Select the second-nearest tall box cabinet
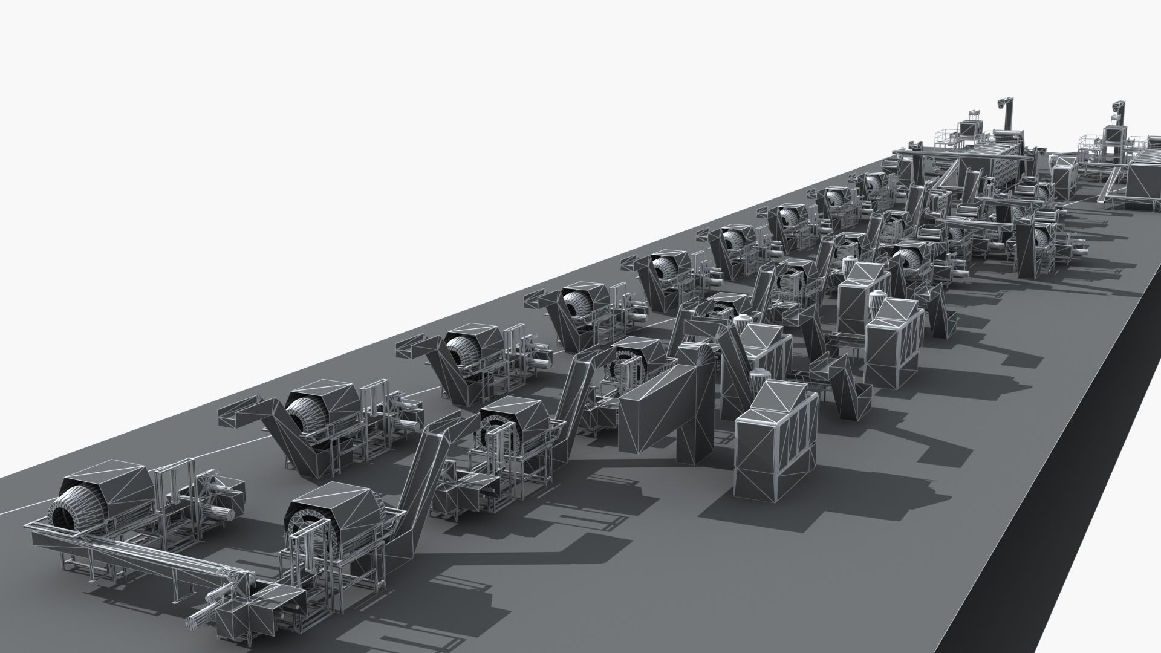(889, 339)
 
